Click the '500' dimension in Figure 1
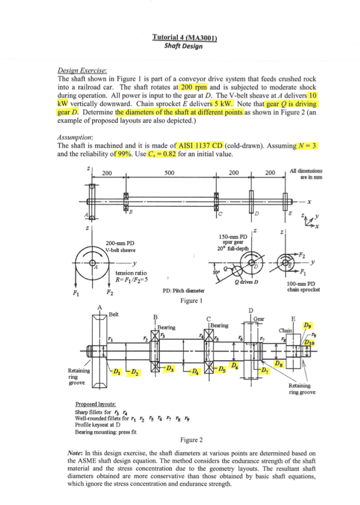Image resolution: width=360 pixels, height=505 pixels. tap(169, 173)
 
